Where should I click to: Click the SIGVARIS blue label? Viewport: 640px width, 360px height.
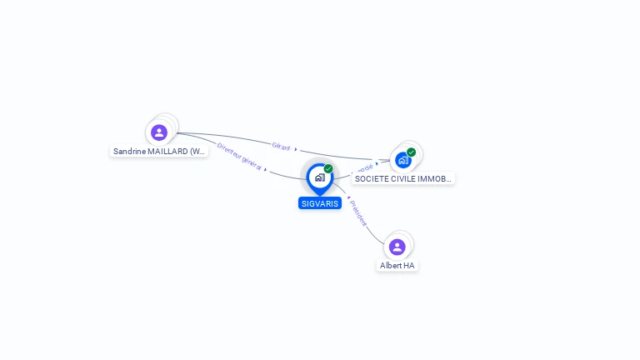[320, 203]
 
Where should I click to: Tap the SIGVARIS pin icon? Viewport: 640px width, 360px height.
[320, 177]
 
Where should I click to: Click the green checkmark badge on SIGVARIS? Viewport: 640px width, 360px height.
[328, 169]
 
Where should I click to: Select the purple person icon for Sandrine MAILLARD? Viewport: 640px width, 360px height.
[159, 132]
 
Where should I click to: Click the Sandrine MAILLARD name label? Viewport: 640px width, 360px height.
[159, 152]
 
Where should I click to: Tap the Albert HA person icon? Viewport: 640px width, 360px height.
[397, 247]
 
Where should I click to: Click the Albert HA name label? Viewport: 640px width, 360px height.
[397, 266]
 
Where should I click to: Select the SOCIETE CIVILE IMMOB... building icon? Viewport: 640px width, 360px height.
[403, 160]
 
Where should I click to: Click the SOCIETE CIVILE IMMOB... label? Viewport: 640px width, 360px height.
[403, 179]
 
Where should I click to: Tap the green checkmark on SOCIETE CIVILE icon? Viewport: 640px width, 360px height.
[412, 152]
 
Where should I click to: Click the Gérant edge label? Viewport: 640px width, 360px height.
[281, 146]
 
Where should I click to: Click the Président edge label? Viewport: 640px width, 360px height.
[358, 212]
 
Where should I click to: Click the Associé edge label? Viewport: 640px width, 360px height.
[364, 167]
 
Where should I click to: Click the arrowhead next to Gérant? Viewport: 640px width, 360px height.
[296, 149]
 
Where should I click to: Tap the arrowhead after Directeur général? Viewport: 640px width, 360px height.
[265, 169]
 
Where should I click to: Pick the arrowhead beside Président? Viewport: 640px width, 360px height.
[348, 198]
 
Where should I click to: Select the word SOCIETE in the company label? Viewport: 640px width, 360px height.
[370, 179]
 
